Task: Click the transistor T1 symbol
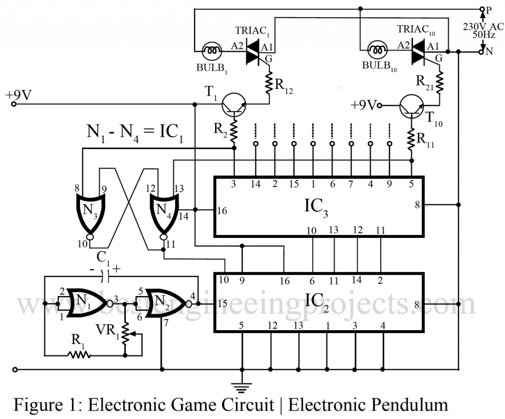[233, 105]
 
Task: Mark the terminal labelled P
[482, 9]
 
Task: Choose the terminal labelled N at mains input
[482, 51]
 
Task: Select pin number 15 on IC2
[222, 304]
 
